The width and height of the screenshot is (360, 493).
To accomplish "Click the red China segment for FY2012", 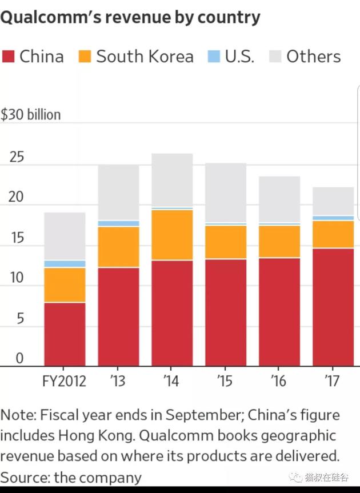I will coord(65,334).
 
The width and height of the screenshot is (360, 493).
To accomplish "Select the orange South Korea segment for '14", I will coord(172,235).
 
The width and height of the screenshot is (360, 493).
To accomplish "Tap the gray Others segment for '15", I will coord(226,193).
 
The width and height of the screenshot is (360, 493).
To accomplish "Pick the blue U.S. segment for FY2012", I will coord(65,264).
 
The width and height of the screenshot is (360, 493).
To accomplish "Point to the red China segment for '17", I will coord(333,307).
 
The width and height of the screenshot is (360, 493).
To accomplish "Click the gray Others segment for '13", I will coord(118,193).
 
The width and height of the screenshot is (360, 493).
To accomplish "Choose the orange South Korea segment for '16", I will coord(279,241).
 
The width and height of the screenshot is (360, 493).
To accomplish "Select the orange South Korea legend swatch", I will coord(85,57).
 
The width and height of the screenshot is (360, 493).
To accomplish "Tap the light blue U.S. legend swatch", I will coord(213,57).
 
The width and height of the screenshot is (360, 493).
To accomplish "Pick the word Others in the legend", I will coord(313,57).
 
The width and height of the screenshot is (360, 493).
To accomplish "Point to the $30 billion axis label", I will coord(30,115).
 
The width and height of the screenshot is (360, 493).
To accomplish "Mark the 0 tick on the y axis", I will coord(19,359).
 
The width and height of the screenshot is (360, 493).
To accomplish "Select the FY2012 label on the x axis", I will coord(65,381).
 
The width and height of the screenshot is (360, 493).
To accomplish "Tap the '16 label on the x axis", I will coord(279,381).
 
